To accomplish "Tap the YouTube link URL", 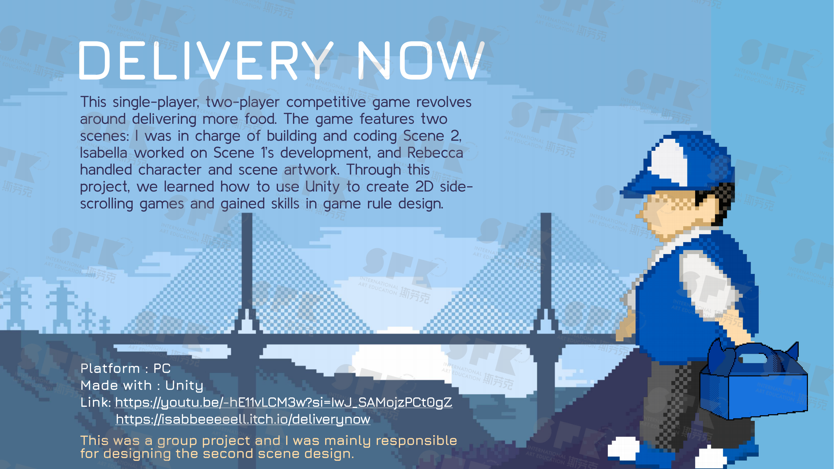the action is pyautogui.click(x=284, y=403).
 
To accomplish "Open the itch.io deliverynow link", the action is pyautogui.click(x=243, y=419).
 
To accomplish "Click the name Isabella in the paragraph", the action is pyautogui.click(x=104, y=153).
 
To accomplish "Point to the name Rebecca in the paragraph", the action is pyautogui.click(x=435, y=153).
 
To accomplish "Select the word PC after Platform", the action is pyautogui.click(x=162, y=369).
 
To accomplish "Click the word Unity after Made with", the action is pyautogui.click(x=184, y=386).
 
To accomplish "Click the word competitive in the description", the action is pyautogui.click(x=326, y=102).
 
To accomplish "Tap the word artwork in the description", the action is pyautogui.click(x=312, y=170).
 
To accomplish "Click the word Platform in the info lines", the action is pyautogui.click(x=110, y=369).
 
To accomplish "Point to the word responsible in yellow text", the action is pyautogui.click(x=416, y=440).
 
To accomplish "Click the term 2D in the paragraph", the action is pyautogui.click(x=424, y=187).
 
